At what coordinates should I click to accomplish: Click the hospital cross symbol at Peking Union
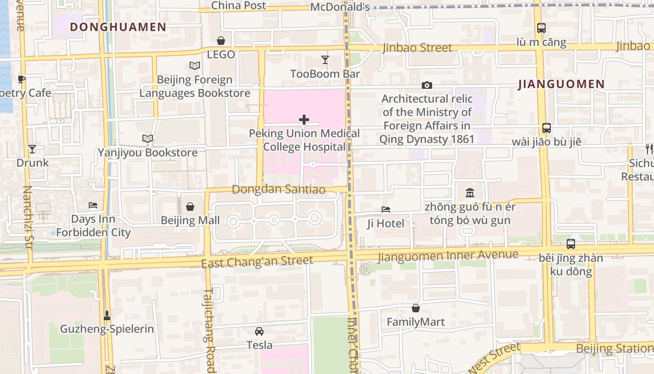click(x=304, y=120)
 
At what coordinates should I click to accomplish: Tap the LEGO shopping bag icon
click(x=220, y=41)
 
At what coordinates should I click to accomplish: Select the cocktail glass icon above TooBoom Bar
click(x=325, y=59)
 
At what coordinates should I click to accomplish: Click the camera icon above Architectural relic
click(x=427, y=85)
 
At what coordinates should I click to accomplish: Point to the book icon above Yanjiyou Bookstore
click(x=148, y=138)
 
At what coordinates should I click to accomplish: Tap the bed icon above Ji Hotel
click(x=385, y=209)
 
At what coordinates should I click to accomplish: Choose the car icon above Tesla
click(x=259, y=331)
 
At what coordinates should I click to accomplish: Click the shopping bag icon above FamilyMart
click(x=416, y=308)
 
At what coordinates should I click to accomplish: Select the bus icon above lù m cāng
click(x=541, y=28)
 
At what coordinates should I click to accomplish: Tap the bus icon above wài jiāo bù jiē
click(x=546, y=128)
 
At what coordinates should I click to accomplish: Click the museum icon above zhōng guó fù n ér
click(x=470, y=193)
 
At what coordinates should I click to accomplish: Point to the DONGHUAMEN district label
click(x=118, y=27)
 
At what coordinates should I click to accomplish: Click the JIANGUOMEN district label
click(x=562, y=85)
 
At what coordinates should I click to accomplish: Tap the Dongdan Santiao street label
click(x=278, y=189)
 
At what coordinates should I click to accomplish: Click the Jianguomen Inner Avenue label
click(x=448, y=255)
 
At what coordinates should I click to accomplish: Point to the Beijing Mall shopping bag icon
click(x=190, y=206)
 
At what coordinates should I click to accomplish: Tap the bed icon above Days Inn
click(x=93, y=205)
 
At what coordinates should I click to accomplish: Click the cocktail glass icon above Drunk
click(x=32, y=149)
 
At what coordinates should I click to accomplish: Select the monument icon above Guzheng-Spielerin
click(x=107, y=316)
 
